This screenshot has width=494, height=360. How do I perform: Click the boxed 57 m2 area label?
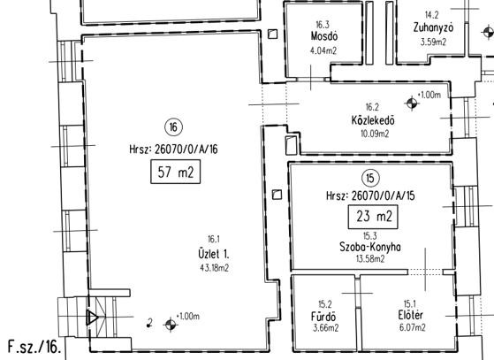[x=176, y=172]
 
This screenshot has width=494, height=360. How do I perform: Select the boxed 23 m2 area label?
[x=373, y=217]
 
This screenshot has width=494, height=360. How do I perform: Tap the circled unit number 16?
[x=173, y=127]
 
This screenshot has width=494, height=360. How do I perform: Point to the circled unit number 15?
[x=370, y=178]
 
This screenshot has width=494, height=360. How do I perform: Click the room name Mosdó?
[x=324, y=36]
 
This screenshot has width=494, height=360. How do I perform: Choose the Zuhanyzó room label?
[x=434, y=27]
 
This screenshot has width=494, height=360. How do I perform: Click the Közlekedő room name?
[x=373, y=120]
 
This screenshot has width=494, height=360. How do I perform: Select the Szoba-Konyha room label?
[x=370, y=247]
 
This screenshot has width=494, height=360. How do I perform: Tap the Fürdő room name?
[x=323, y=316]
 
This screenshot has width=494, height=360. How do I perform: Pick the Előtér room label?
[x=411, y=315]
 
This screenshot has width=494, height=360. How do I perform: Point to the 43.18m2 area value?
[x=215, y=268]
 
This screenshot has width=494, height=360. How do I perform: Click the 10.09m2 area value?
[x=375, y=134]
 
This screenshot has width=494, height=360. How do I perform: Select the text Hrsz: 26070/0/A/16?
[x=173, y=149]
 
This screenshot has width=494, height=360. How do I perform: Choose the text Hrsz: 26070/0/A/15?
[x=370, y=196]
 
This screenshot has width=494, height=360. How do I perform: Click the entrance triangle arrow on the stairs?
[x=92, y=318]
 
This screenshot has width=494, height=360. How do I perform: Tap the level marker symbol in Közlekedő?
[x=412, y=103]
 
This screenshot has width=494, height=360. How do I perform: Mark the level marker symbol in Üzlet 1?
[x=171, y=325]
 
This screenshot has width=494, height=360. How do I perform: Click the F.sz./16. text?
[x=34, y=347]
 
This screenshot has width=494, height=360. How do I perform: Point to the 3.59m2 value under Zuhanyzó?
[x=434, y=42]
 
